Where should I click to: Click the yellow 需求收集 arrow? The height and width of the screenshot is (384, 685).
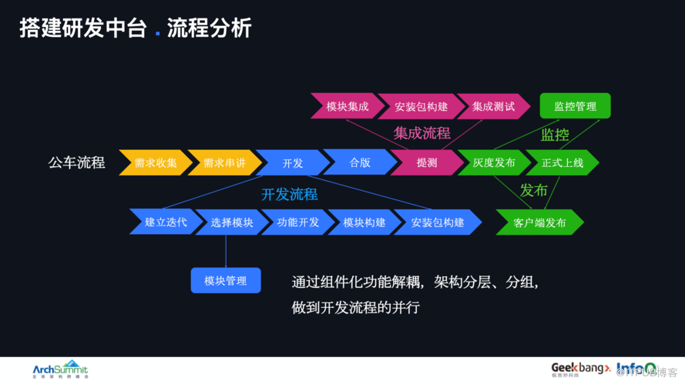pyautogui.click(x=155, y=163)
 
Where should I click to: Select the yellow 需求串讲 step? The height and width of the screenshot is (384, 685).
pyautogui.click(x=223, y=163)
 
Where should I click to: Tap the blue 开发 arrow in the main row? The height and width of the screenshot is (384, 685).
pyautogui.click(x=292, y=163)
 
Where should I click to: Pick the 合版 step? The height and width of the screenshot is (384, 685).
pyautogui.click(x=359, y=162)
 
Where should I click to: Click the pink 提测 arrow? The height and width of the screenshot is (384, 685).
pyautogui.click(x=426, y=163)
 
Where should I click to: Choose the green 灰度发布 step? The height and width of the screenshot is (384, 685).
pyautogui.click(x=494, y=163)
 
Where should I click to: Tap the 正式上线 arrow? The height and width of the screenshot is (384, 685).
pyautogui.click(x=562, y=163)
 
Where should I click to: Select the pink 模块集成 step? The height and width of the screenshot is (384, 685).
pyautogui.click(x=347, y=106)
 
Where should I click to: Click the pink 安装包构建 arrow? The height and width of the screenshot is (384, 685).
pyautogui.click(x=421, y=106)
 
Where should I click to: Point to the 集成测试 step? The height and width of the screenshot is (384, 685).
pyautogui.click(x=493, y=106)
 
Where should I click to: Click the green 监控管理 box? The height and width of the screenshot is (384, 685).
pyautogui.click(x=575, y=106)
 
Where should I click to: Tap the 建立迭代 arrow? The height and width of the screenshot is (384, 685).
pyautogui.click(x=165, y=222)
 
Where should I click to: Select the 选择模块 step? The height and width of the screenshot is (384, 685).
pyautogui.click(x=231, y=222)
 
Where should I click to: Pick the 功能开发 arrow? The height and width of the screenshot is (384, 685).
pyautogui.click(x=297, y=222)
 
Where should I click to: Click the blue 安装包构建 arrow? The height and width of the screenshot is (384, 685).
pyautogui.click(x=437, y=222)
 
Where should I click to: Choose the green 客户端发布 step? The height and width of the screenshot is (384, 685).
pyautogui.click(x=539, y=223)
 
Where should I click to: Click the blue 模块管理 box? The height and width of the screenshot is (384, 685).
pyautogui.click(x=226, y=281)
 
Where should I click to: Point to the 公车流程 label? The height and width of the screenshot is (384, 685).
pyautogui.click(x=76, y=163)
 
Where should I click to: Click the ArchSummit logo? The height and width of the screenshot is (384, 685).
pyautogui.click(x=60, y=369)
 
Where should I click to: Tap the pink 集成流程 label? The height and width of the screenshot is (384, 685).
pyautogui.click(x=421, y=132)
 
